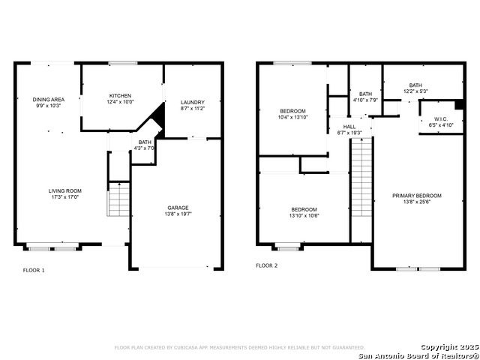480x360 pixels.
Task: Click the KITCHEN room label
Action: click(120, 96)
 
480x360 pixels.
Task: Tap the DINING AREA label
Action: click(48, 100)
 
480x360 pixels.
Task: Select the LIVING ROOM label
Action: click(65, 191)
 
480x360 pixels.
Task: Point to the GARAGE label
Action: click(178, 208)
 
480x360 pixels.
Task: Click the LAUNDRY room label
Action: click(192, 102)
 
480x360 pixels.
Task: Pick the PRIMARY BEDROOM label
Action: click(417, 196)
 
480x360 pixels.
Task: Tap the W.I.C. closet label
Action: click(441, 118)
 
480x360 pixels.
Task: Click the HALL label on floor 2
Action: click(349, 127)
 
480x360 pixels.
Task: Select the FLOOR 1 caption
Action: click(34, 270)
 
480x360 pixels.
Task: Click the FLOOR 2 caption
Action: click(267, 265)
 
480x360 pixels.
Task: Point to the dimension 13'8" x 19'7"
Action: click(178, 214)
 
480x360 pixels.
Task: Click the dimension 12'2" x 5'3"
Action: click(415, 91)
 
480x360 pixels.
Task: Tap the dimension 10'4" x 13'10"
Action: click(292, 117)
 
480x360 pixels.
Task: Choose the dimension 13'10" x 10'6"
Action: click(304, 215)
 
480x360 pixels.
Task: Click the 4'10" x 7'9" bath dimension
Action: click(365, 100)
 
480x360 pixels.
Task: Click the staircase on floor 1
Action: click(118, 199)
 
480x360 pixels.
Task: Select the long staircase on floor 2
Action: click(361, 177)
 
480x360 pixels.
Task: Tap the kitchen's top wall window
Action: click(123, 63)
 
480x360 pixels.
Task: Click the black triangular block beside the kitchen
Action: click(159, 118)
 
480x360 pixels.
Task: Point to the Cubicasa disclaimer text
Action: click(240, 347)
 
